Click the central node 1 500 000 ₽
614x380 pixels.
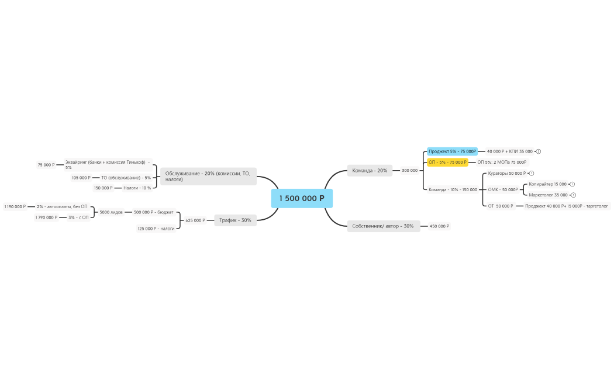[302, 199]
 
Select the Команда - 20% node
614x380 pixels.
[370, 171]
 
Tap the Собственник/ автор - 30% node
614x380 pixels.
[383, 226]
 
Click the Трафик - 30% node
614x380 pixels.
[235, 220]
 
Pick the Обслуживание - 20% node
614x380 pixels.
[208, 176]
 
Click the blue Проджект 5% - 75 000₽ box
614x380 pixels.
[452, 151]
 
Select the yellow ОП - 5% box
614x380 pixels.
[447, 162]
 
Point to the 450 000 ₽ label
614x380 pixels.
[439, 226]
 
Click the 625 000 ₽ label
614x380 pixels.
[195, 220]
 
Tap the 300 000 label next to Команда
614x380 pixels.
[409, 171]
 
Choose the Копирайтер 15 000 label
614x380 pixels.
[547, 184]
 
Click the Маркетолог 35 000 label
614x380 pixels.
[548, 195]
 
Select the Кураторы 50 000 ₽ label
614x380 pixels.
[507, 173]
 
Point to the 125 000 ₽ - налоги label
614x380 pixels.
[156, 229]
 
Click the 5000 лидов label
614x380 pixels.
[111, 212]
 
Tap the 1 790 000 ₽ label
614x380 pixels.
[46, 217]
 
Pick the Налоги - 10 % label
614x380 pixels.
[137, 188]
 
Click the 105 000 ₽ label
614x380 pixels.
[81, 178]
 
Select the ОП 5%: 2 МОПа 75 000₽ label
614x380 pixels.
[502, 162]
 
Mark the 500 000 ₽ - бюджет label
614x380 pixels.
[154, 212]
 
